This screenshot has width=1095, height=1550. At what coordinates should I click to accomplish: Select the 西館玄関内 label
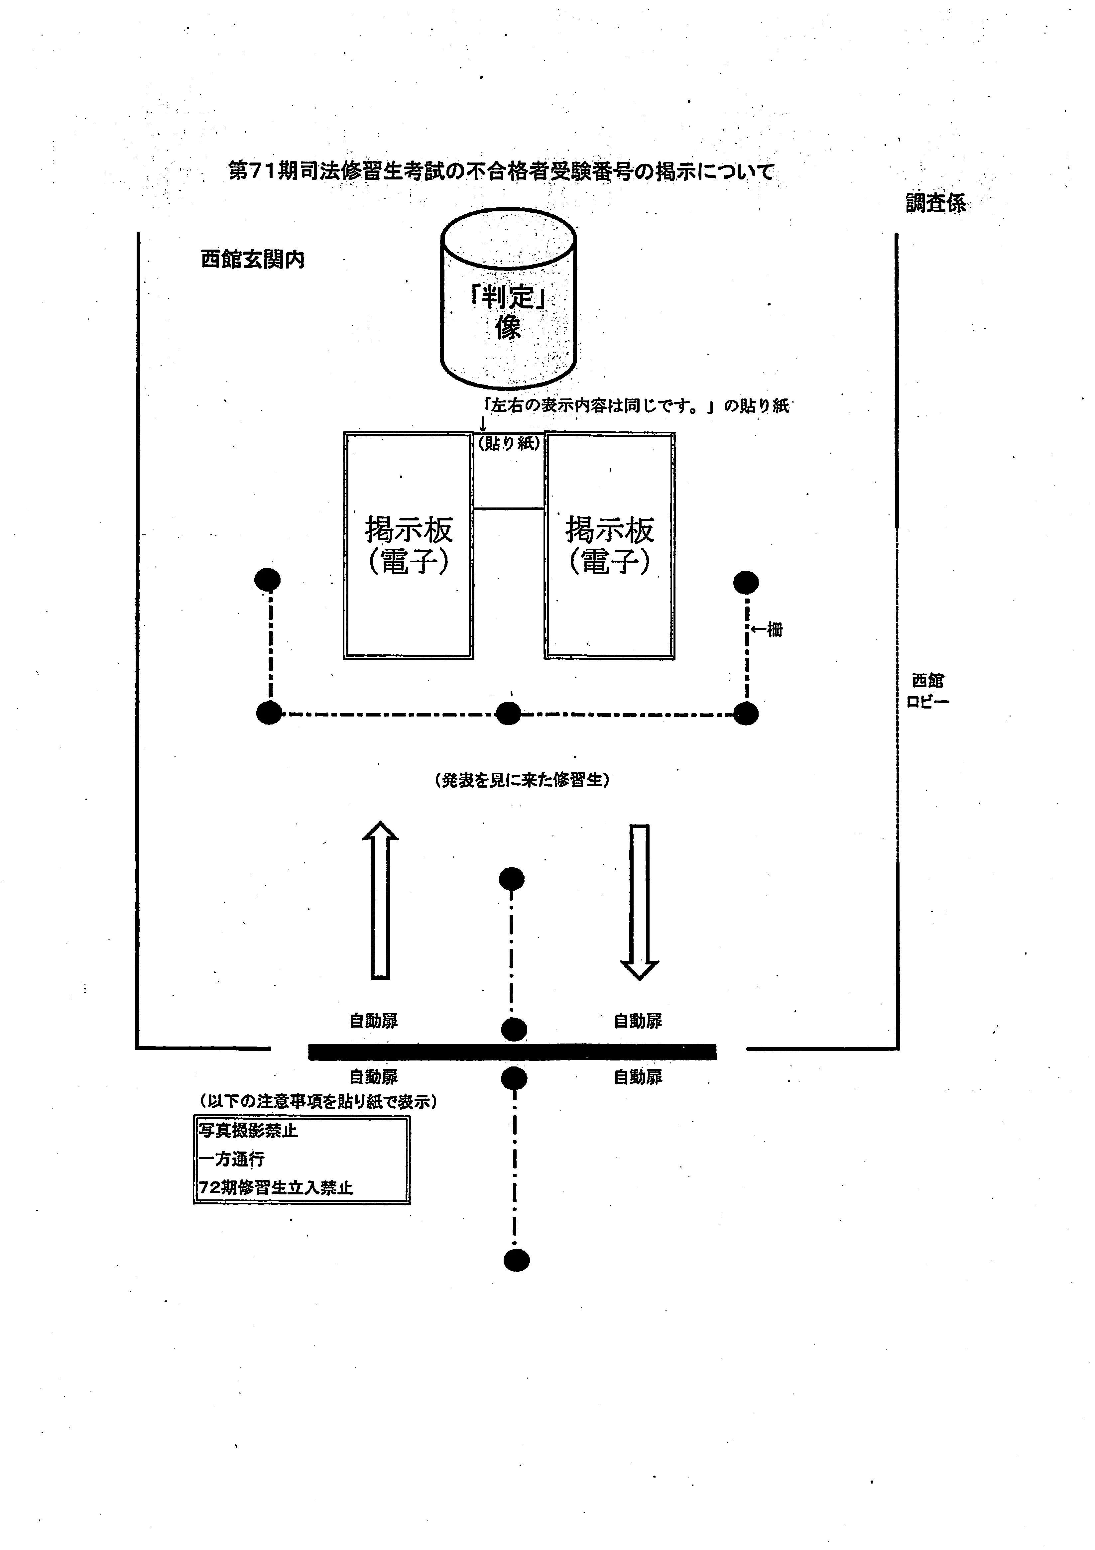[x=253, y=259]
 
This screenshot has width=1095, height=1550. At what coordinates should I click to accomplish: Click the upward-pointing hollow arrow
[x=380, y=900]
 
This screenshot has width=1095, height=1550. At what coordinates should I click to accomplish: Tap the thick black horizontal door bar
[x=512, y=1051]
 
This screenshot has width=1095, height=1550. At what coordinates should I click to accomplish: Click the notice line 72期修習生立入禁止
[x=276, y=1187]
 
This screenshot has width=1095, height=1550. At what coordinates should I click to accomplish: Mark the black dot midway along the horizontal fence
[x=508, y=713]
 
